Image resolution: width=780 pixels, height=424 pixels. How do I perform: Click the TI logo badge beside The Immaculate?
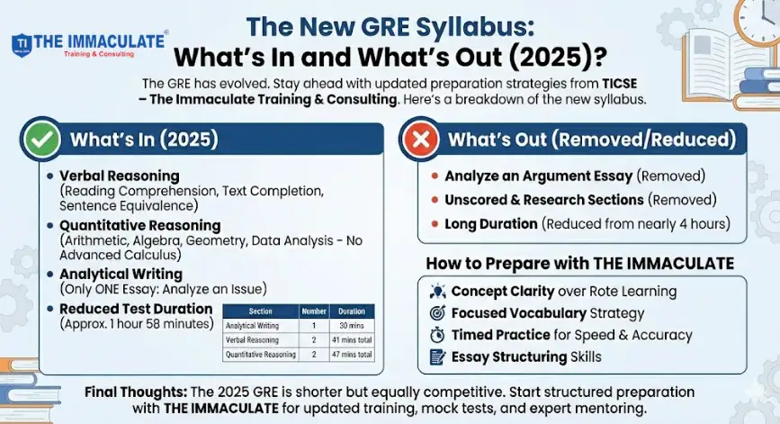(x=22, y=45)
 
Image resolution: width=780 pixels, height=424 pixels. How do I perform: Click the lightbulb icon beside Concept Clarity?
(x=438, y=292)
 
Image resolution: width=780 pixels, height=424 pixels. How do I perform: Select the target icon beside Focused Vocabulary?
(x=438, y=313)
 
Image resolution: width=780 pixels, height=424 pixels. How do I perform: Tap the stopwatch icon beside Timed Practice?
(x=438, y=335)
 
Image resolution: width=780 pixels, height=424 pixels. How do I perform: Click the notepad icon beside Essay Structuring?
(x=438, y=356)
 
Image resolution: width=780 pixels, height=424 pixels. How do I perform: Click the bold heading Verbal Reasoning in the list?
(x=119, y=176)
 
